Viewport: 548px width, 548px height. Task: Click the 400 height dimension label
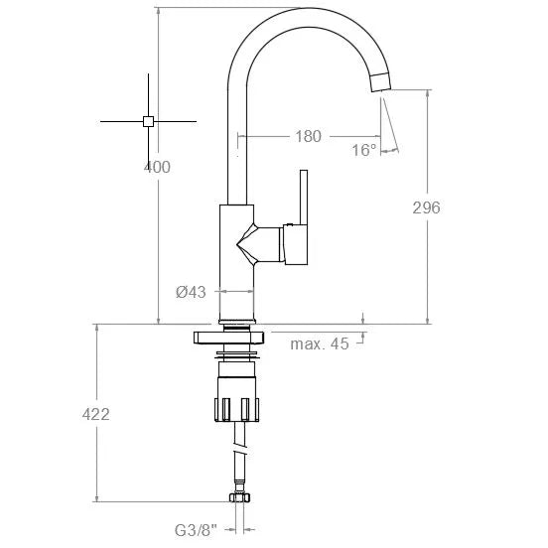tap(157, 167)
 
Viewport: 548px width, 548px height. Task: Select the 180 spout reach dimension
tap(308, 136)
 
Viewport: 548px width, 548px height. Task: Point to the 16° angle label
tap(364, 150)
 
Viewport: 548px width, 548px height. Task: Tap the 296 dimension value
tap(426, 207)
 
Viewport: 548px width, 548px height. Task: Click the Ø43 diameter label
tap(191, 292)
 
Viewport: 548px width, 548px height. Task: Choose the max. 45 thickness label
tap(320, 343)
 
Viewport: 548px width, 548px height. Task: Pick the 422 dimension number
tap(95, 414)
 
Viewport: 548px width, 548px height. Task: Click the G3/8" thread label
tap(196, 530)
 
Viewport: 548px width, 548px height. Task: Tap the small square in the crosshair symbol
tap(148, 121)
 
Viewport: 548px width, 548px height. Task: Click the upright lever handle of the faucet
tap(304, 198)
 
